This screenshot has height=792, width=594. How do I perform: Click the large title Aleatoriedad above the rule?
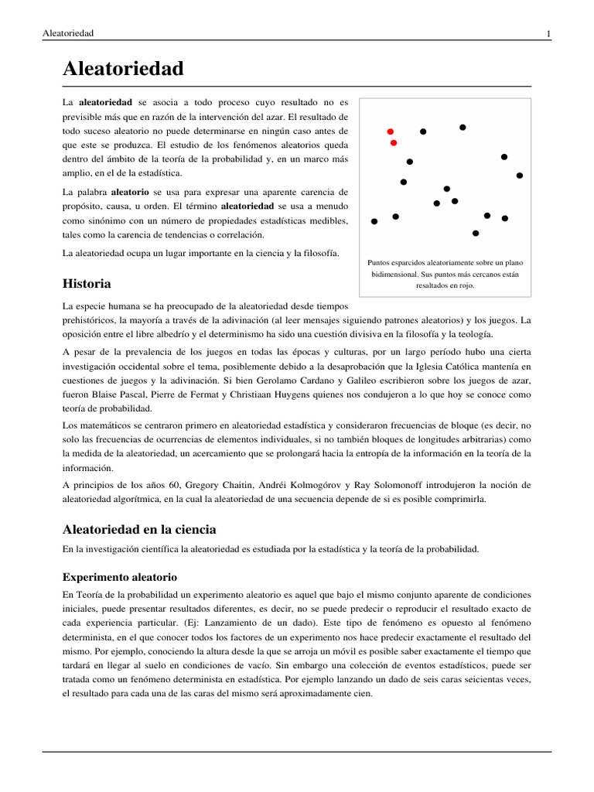click(x=123, y=69)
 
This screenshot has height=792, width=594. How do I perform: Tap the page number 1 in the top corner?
click(x=548, y=33)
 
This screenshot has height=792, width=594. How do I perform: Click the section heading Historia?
click(x=87, y=284)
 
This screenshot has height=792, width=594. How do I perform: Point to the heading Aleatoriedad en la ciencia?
click(x=139, y=529)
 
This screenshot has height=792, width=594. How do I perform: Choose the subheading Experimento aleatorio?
click(x=120, y=577)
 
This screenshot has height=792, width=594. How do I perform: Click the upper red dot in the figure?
click(x=391, y=131)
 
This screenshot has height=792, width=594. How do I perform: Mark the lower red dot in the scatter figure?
click(x=394, y=143)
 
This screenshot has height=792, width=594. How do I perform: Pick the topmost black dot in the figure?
click(x=463, y=127)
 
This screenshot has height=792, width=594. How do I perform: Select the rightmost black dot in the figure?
click(x=520, y=176)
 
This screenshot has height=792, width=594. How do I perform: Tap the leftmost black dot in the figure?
click(x=374, y=221)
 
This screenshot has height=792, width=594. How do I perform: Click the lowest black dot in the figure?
click(x=476, y=233)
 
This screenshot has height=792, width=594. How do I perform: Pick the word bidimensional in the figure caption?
click(x=397, y=275)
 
